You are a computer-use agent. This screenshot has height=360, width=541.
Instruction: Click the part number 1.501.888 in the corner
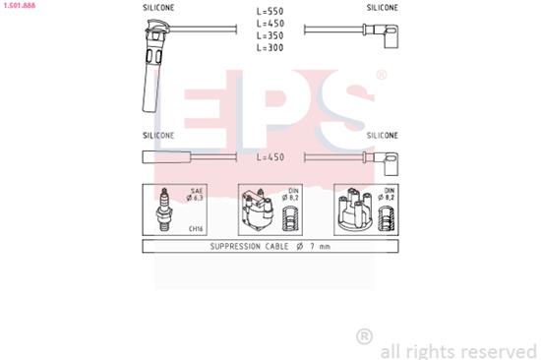pyautogui.click(x=20, y=5)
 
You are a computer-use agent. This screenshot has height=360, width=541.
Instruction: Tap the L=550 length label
pyautogui.click(x=270, y=12)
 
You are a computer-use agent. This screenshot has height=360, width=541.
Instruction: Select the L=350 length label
pyautogui.click(x=270, y=35)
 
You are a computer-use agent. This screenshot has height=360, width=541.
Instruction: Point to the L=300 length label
pyautogui.click(x=270, y=47)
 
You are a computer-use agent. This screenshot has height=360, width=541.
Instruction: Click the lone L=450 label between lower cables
pyautogui.click(x=270, y=157)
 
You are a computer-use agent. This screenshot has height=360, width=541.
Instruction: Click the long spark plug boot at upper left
pyautogui.click(x=153, y=66)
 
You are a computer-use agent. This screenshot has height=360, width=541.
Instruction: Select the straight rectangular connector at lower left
pyautogui.click(x=166, y=157)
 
